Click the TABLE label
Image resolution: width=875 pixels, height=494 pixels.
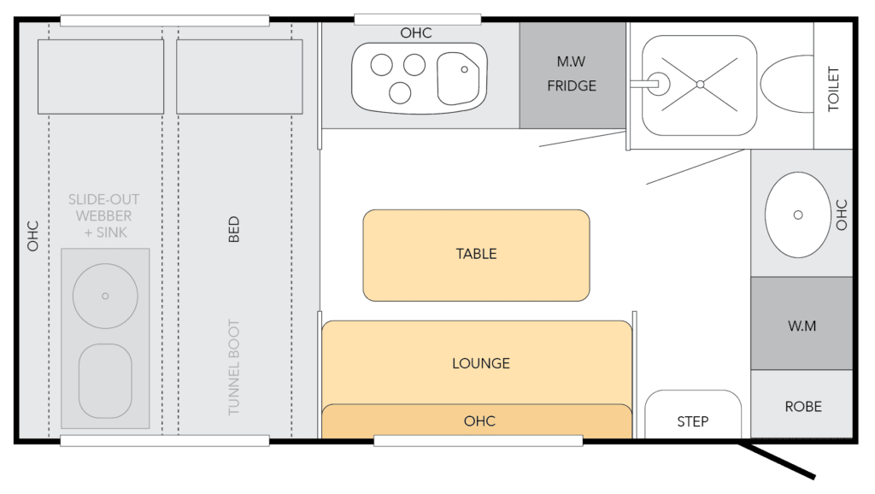[476, 254]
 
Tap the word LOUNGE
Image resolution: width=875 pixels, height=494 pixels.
[481, 363]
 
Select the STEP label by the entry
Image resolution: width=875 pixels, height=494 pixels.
[692, 421]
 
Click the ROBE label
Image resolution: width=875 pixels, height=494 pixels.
[803, 406]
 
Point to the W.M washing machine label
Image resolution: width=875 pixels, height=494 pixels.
[802, 326]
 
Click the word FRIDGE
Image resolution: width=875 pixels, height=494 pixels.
[572, 86]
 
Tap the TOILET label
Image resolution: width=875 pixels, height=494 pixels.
[833, 89]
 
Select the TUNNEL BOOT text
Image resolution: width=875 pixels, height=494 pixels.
[234, 368]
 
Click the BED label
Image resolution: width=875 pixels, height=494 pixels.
[234, 229]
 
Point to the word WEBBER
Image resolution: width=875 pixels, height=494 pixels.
[103, 216]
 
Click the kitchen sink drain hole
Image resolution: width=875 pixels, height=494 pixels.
[464, 70]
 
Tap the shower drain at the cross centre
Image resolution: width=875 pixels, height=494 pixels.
[700, 85]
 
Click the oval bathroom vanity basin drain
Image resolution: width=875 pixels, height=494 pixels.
[798, 215]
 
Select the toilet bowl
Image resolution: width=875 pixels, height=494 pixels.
[787, 84]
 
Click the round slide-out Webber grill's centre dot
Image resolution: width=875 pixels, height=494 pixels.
[105, 297]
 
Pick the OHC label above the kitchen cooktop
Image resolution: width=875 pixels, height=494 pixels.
[416, 33]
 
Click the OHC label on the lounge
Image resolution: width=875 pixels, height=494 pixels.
[479, 421]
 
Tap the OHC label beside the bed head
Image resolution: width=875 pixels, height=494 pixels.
[33, 236]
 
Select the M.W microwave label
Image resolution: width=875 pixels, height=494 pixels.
[571, 62]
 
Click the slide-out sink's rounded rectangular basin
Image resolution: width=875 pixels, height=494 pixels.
[105, 380]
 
